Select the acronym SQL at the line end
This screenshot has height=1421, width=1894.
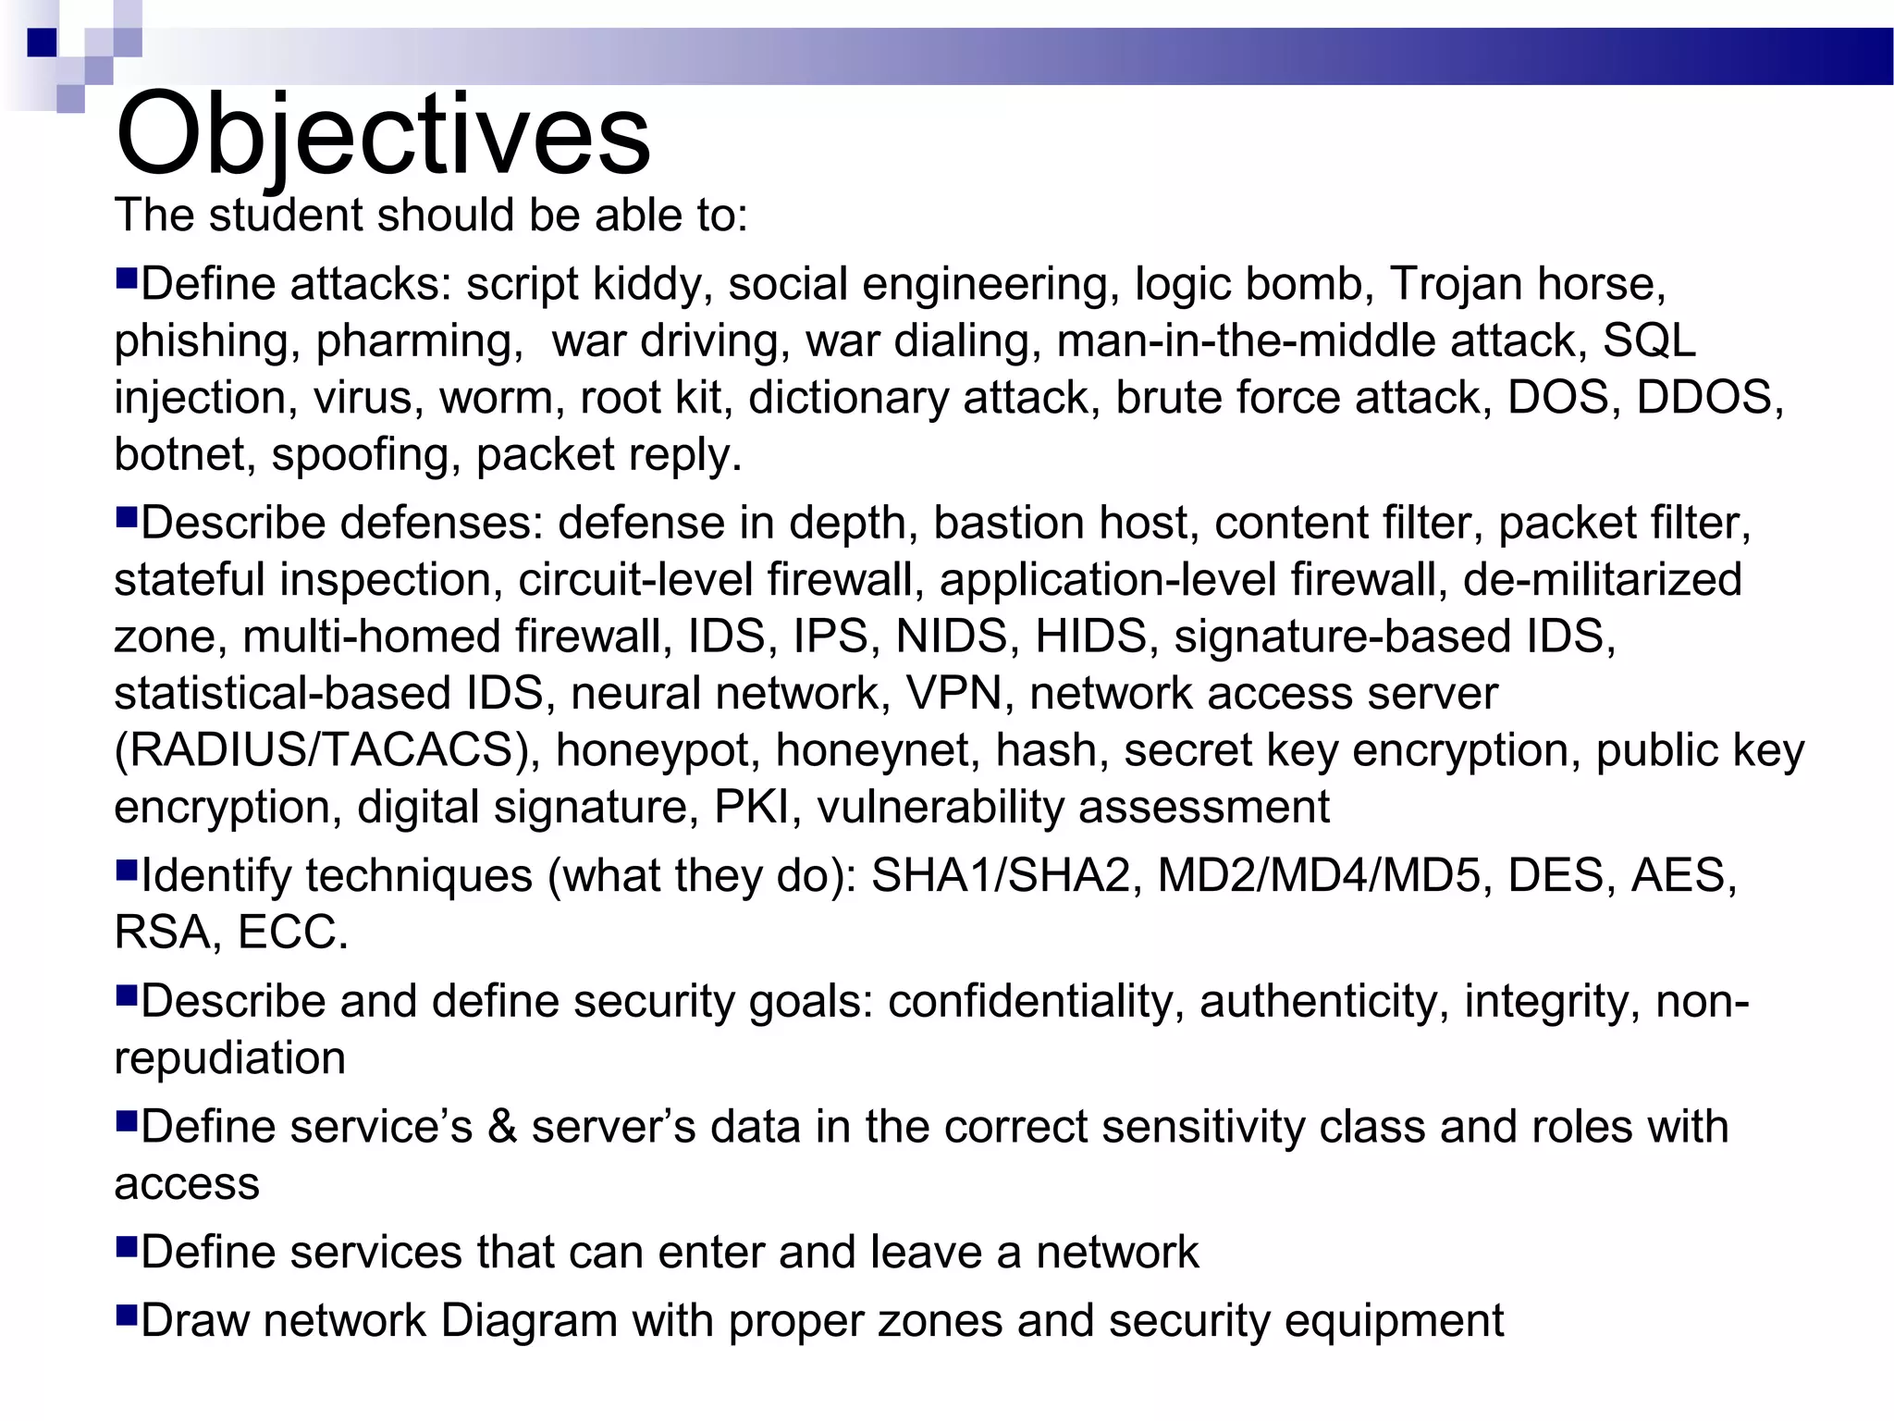point(1649,340)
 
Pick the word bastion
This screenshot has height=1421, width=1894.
point(995,523)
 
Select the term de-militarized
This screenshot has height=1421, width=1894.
point(1602,580)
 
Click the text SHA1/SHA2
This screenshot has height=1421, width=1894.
point(1000,875)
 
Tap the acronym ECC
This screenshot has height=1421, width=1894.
point(291,933)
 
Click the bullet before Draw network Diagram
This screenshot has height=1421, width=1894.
point(126,1313)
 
